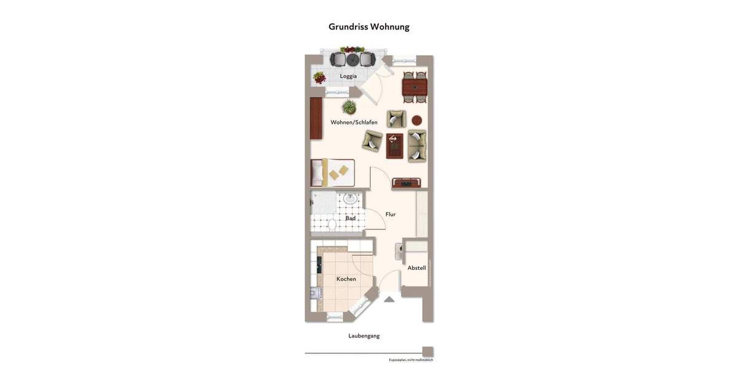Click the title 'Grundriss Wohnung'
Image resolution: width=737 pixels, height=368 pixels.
pos(368,27)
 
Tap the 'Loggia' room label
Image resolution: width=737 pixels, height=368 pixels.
pos(348,76)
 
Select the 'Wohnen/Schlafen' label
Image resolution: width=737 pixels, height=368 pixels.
pos(354,122)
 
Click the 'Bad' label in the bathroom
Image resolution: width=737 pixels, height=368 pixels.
pos(350,218)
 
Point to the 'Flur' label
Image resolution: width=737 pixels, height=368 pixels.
pos(391,214)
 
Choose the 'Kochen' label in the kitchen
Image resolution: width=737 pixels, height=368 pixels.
pos(346,279)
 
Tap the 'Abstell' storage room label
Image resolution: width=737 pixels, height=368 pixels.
pos(416,268)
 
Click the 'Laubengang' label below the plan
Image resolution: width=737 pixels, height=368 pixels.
pos(364,335)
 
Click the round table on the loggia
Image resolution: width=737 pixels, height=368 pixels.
pos(353,59)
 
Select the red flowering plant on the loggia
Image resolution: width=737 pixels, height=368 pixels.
pos(319,77)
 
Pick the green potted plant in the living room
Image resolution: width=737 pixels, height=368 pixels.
pos(349,107)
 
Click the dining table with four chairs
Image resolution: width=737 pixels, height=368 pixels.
pos(415,87)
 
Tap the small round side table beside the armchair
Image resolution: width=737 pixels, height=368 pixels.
pos(416,120)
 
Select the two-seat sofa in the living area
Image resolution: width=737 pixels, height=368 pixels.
pos(417,146)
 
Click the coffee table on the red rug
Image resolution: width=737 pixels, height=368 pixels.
pos(394,146)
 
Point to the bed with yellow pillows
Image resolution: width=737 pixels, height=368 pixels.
pos(332,173)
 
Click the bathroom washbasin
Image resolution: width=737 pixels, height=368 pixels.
pos(350,198)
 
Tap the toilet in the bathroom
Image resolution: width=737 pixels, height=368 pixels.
pos(332,225)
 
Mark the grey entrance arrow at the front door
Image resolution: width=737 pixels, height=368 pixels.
pos(389,299)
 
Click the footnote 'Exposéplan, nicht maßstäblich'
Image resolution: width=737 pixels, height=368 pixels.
pos(410,360)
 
